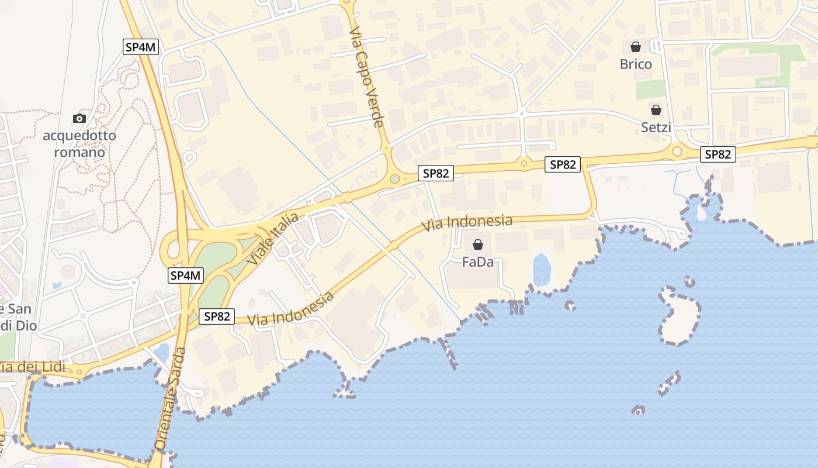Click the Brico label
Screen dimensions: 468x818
pyautogui.click(x=636, y=64)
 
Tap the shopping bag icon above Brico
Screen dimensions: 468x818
pyautogui.click(x=636, y=47)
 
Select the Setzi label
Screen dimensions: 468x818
pyautogui.click(x=656, y=127)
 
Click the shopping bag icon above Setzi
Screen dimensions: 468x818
pyautogui.click(x=656, y=110)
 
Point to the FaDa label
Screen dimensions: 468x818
pyautogui.click(x=477, y=261)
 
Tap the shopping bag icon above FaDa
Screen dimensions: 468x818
pyautogui.click(x=478, y=245)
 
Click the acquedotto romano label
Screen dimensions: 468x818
pyautogui.click(x=79, y=144)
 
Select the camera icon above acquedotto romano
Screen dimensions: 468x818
pyautogui.click(x=79, y=118)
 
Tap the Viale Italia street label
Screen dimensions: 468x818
pyautogui.click(x=272, y=238)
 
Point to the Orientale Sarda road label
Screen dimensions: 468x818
pyautogui.click(x=171, y=398)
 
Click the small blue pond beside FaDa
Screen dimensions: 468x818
pyautogui.click(x=542, y=270)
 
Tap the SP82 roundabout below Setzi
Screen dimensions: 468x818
pyautogui.click(x=677, y=152)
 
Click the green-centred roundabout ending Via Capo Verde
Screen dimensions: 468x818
pyautogui.click(x=395, y=178)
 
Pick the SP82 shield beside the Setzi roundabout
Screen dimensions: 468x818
pyautogui.click(x=718, y=154)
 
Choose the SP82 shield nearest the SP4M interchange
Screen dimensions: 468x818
pyautogui.click(x=216, y=316)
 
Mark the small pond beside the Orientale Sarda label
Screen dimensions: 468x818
pyautogui.click(x=162, y=352)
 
